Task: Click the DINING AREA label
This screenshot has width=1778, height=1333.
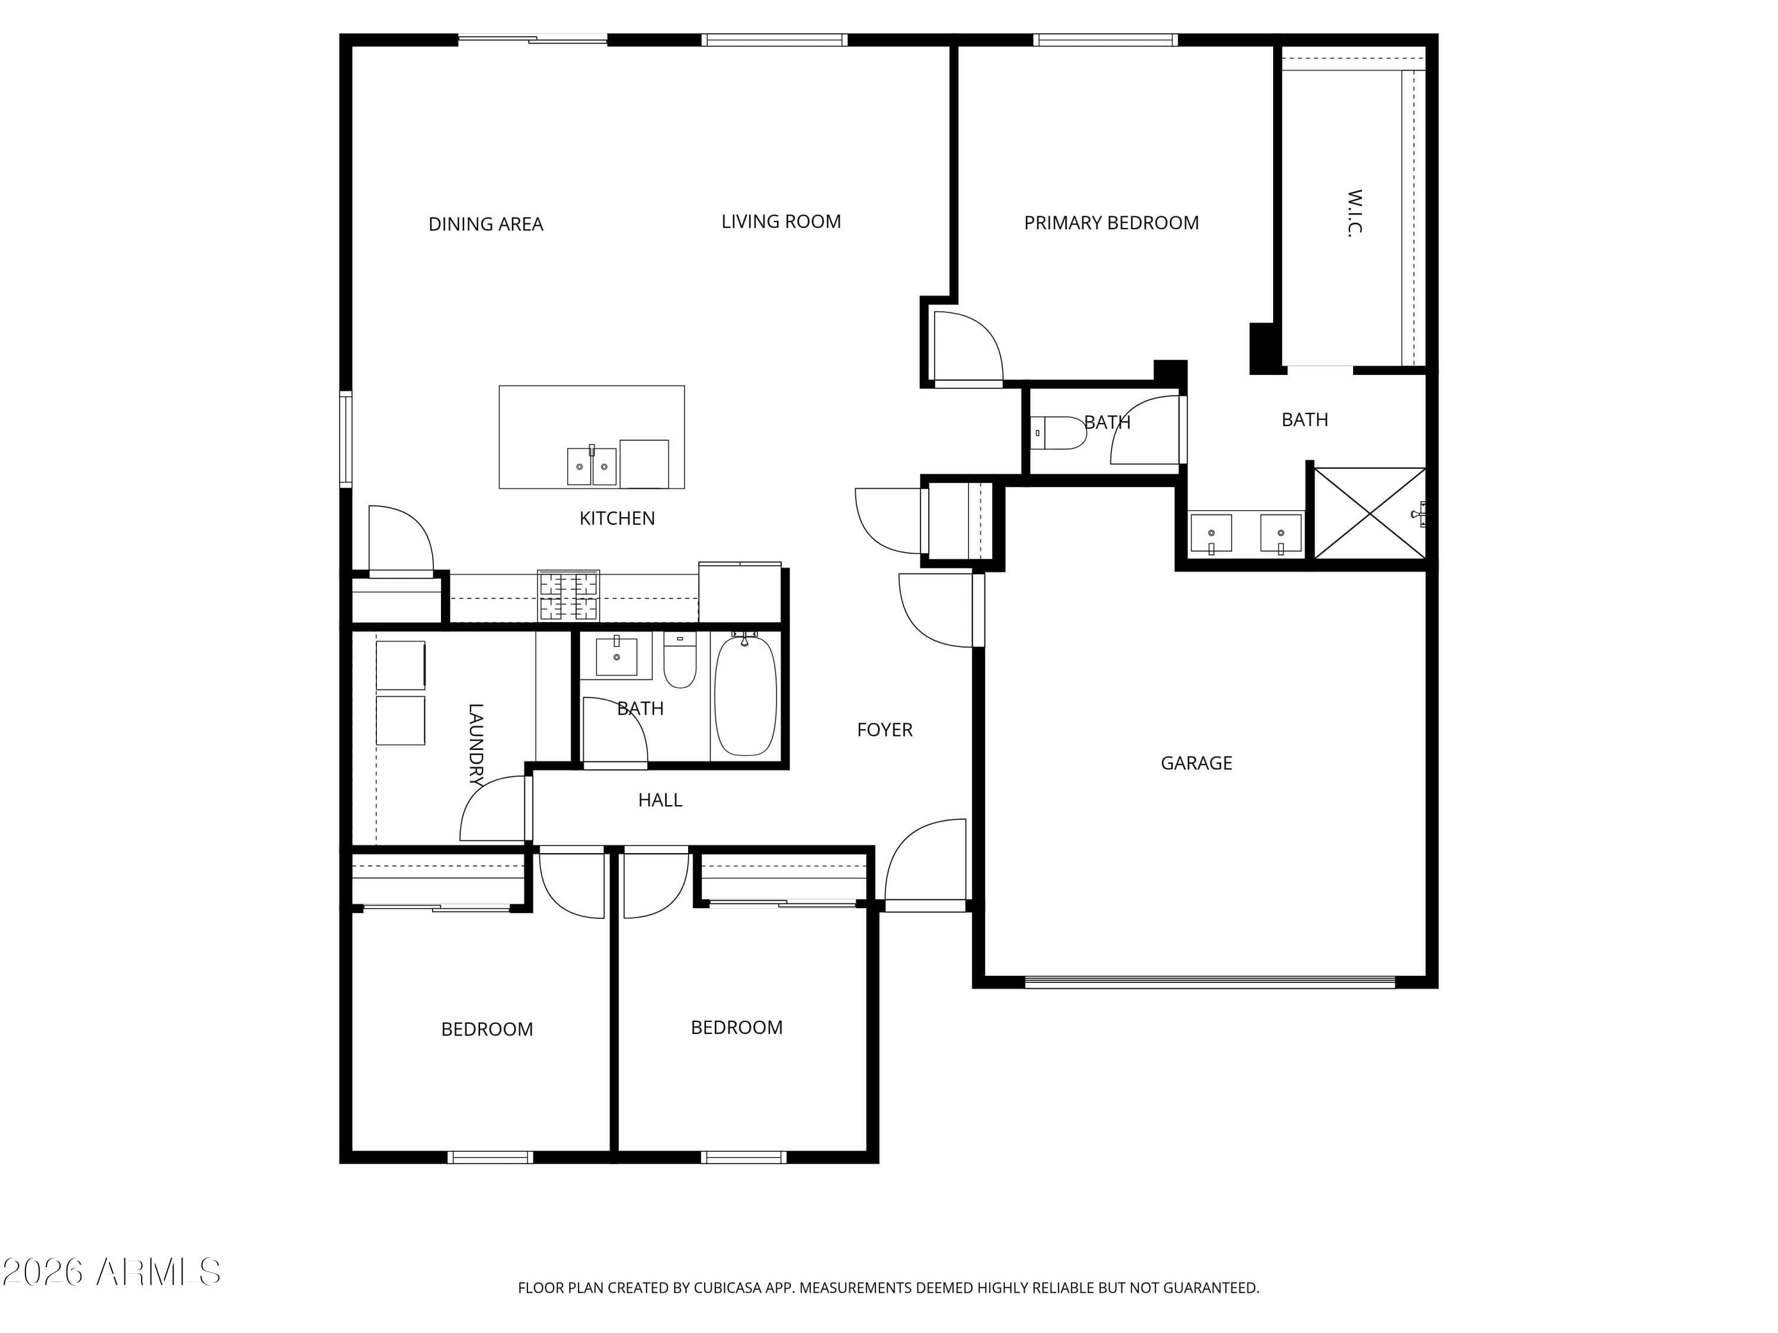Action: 485,224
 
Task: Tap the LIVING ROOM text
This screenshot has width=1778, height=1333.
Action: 781,222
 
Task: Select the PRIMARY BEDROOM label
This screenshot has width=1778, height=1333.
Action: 1111,223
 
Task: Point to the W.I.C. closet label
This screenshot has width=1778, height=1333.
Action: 1355,213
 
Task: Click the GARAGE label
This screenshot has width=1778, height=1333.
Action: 1196,762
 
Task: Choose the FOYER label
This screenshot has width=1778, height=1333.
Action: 884,729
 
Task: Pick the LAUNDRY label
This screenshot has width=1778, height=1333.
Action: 476,745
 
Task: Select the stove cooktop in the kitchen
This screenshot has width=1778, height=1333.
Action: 568,595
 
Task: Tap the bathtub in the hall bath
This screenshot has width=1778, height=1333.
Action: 745,695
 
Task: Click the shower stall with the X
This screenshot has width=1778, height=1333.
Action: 1370,512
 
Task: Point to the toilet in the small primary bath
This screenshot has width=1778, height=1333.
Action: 1058,433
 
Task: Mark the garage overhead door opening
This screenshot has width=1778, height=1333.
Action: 1210,981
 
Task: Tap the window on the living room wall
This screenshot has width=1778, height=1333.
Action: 774,39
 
